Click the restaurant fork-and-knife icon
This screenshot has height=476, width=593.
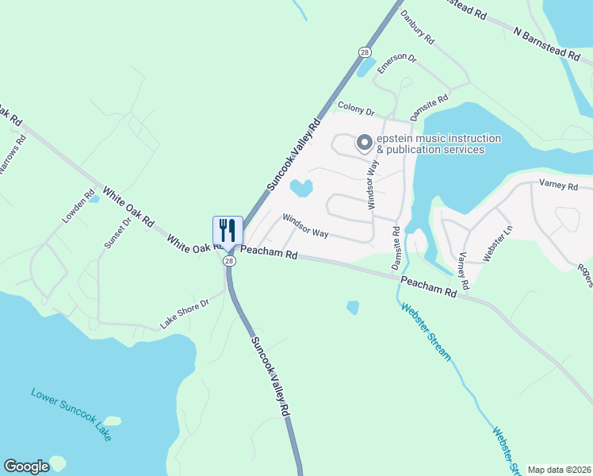coord(227,230)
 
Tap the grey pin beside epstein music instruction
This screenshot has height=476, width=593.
coord(365,143)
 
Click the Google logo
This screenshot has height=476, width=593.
coord(26,466)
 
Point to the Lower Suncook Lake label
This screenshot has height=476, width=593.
coord(71,414)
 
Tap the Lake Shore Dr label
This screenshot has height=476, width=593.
coord(183,313)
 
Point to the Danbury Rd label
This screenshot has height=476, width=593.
coord(418,27)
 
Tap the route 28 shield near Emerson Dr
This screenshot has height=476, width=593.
coord(364,52)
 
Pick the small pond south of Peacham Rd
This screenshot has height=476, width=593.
coord(353,307)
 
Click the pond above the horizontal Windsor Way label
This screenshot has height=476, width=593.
coord(301,188)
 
